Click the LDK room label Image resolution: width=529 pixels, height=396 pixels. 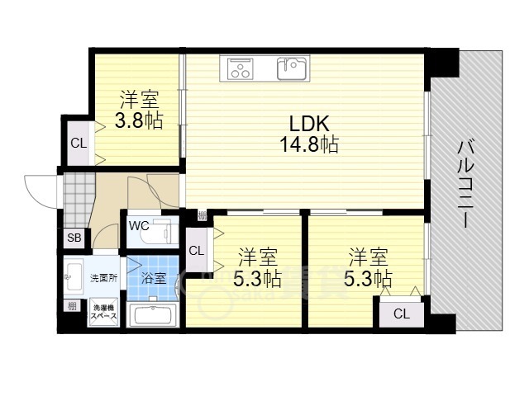pos(310,124)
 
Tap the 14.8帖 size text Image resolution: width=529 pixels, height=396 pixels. pos(310,144)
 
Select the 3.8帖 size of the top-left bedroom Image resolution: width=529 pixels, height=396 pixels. pos(139,120)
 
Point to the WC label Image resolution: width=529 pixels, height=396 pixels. pos(139,224)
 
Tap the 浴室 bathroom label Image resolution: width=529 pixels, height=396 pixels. pos(154,278)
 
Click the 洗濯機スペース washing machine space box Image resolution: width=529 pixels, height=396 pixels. pos(103,312)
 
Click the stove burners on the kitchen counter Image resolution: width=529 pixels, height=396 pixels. pos(241,68)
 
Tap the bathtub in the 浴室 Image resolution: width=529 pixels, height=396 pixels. pos(155,315)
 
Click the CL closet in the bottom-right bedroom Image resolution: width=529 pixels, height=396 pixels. pos(401,313)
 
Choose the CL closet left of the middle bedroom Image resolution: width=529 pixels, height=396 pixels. pos(196,251)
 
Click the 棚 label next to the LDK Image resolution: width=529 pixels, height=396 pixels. pos(202,216)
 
